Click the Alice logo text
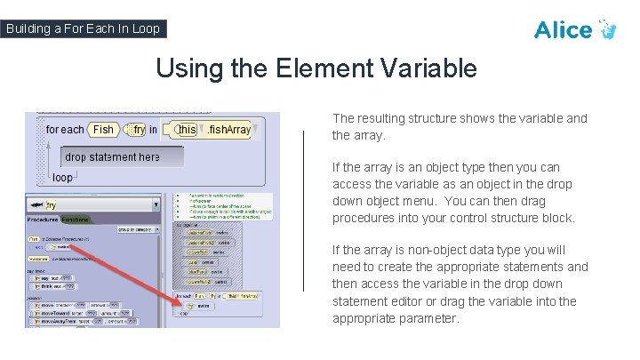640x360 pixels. (564, 29)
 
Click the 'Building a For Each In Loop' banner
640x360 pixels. (83, 28)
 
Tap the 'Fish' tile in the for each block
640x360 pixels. (104, 130)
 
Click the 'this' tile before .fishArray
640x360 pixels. (186, 130)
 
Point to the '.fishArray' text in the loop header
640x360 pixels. (228, 130)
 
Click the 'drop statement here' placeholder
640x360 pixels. (113, 157)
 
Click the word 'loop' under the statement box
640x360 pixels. (62, 178)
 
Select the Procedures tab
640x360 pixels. (43, 218)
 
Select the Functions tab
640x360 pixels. (76, 218)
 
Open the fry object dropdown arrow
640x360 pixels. (156, 204)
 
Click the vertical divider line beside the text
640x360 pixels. (304, 211)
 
